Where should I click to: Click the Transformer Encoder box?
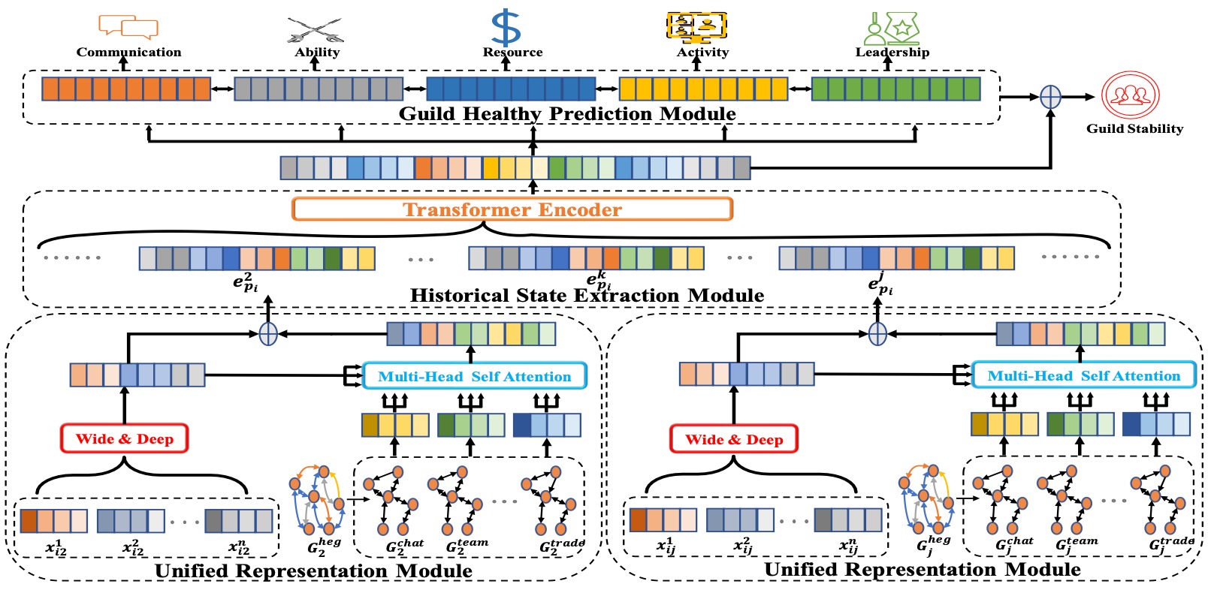pos(512,209)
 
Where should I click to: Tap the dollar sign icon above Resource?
pos(506,28)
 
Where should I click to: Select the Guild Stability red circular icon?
pos(1131,95)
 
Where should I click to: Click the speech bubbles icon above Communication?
pos(128,26)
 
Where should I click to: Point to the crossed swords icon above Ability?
pos(316,30)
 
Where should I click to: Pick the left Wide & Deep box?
pos(124,439)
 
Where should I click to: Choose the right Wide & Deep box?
pos(734,440)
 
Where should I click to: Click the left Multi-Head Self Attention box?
pos(474,377)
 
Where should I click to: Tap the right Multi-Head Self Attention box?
pos(1083,376)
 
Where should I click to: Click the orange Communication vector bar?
pos(126,89)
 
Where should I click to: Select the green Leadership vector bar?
pos(895,89)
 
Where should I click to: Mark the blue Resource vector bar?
pos(511,89)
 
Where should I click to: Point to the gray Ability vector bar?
pos(319,89)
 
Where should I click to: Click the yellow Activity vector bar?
pos(703,89)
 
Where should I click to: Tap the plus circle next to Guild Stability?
pos(1050,97)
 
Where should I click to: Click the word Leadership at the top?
pos(892,53)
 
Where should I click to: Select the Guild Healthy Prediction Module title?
pos(567,114)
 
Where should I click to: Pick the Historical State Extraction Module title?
pos(587,296)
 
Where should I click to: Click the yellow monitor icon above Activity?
pos(696,26)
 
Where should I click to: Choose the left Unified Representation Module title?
pos(313,571)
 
